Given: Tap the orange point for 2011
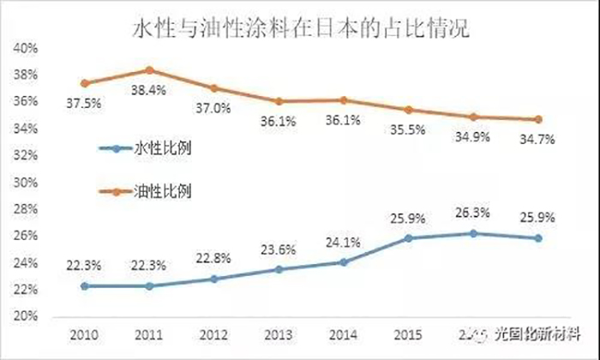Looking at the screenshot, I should (149, 70).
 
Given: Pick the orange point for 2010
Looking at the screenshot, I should (84, 83).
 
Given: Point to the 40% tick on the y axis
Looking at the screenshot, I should (24, 49).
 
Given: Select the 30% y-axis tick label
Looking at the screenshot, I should (24, 183).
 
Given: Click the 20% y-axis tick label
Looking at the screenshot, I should (24, 316).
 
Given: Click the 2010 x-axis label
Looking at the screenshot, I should (84, 333).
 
